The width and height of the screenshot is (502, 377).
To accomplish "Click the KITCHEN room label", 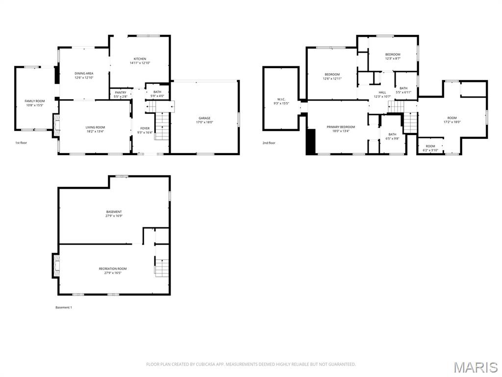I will [x=140, y=59].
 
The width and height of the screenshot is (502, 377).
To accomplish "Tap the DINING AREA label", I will [x=84, y=74].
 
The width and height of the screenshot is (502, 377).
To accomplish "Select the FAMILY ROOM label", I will [x=35, y=101].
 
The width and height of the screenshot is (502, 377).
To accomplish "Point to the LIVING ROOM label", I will [x=95, y=128].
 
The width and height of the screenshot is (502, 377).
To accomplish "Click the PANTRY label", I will [x=121, y=93].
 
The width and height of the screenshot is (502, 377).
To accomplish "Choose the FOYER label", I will [x=145, y=129].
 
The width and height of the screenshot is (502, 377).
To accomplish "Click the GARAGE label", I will [x=204, y=118].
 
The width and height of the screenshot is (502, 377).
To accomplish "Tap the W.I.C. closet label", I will [x=281, y=100].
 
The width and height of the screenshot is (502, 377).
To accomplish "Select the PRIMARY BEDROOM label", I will [x=341, y=127].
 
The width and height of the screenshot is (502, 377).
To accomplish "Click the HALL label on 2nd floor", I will [x=382, y=92].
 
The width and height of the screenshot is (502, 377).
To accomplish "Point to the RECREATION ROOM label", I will [x=113, y=269].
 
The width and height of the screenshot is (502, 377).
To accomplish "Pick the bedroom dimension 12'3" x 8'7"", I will [x=393, y=58].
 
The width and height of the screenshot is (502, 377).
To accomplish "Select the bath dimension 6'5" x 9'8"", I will [x=393, y=138].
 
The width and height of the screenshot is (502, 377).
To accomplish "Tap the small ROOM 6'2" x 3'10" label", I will [x=430, y=150].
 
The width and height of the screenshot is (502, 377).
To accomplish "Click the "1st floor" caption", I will [x=21, y=143].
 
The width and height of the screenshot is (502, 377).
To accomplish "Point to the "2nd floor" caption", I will [x=269, y=143].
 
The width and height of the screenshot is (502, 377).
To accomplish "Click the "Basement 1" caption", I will [x=63, y=307].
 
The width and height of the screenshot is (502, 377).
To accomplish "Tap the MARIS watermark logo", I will [x=476, y=367].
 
